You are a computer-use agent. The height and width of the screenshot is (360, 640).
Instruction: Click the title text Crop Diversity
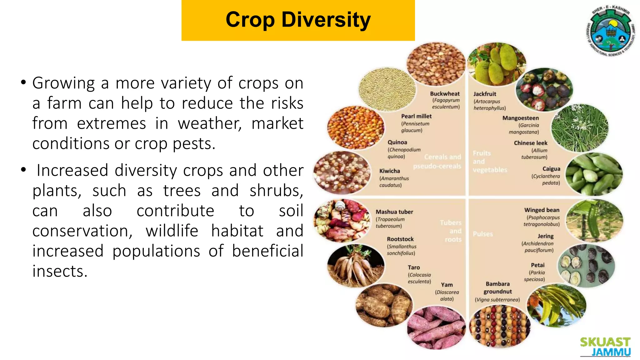[x=298, y=20]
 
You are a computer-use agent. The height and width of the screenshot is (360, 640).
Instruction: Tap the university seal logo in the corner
[x=610, y=31]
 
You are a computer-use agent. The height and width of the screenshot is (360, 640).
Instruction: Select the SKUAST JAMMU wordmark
[x=605, y=347]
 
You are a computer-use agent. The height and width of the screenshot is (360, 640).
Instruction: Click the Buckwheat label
[x=445, y=94]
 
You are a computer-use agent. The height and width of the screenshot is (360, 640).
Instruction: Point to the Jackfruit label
[x=485, y=94]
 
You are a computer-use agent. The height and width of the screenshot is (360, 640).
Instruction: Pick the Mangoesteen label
[x=521, y=118]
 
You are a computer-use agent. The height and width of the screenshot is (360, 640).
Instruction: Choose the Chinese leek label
[x=531, y=143]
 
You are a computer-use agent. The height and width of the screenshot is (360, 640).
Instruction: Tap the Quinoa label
[x=397, y=142]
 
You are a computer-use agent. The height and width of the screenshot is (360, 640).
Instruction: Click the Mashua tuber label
[x=394, y=212]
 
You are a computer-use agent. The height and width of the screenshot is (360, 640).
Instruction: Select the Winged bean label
[x=542, y=210]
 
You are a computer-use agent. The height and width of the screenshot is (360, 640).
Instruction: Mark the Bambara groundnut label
[x=497, y=288]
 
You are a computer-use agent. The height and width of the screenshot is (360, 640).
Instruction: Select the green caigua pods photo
[x=594, y=174]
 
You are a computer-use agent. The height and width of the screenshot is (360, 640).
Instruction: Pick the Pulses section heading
[x=483, y=234]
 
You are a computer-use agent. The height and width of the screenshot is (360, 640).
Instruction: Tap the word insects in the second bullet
[x=60, y=271]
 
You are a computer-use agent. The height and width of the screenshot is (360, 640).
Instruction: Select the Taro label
[x=414, y=267]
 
